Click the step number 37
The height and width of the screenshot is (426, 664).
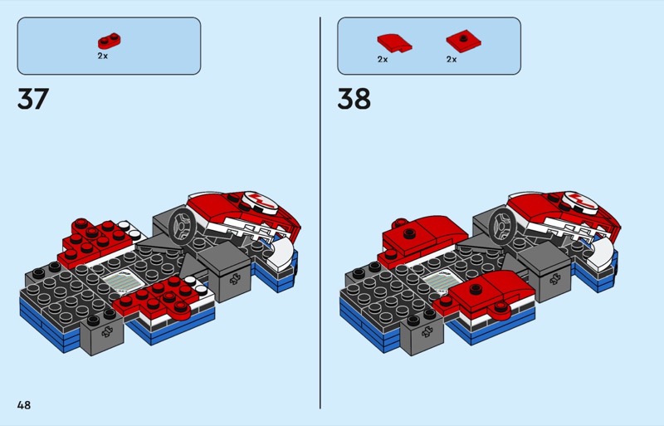click(33, 99)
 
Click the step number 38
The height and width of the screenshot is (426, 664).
click(354, 99)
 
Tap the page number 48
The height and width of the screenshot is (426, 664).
click(24, 405)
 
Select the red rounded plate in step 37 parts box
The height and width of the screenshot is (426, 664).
click(110, 42)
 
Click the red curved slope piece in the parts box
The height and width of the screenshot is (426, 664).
click(394, 43)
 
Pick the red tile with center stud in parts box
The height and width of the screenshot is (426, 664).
click(464, 42)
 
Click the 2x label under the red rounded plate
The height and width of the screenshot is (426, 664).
click(102, 56)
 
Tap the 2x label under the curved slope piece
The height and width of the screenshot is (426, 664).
click(383, 59)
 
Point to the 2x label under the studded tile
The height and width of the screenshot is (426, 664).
click(452, 59)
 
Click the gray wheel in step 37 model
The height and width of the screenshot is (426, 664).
click(183, 225)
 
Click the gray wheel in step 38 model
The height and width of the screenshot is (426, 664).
click(503, 225)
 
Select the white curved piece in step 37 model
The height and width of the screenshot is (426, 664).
click(282, 252)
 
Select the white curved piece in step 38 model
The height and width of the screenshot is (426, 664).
click(603, 252)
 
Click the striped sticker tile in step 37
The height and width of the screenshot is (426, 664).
click(120, 281)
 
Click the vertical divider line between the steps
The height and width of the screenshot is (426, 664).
click(320, 213)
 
